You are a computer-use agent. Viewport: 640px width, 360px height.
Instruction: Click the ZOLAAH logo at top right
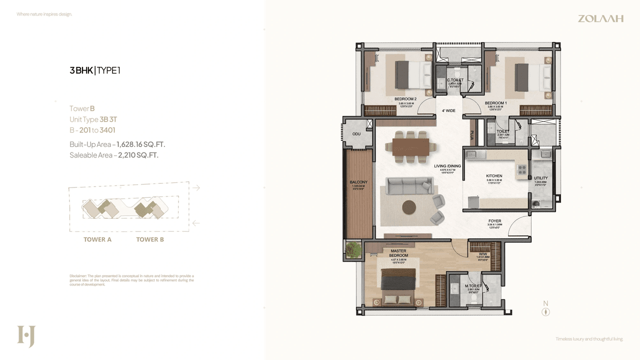click(x=600, y=18)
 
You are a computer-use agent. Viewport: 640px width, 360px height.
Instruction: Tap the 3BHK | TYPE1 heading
click(x=95, y=70)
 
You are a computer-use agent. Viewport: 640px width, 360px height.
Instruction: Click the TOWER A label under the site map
click(x=97, y=239)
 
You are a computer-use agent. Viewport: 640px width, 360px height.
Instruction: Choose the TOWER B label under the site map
click(x=150, y=239)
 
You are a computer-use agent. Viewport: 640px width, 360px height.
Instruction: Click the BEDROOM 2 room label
click(x=405, y=99)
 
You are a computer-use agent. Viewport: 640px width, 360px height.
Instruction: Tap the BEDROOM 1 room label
click(x=495, y=103)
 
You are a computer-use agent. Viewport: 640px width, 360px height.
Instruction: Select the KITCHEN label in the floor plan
click(x=494, y=176)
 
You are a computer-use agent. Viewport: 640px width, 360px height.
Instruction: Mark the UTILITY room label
click(x=540, y=178)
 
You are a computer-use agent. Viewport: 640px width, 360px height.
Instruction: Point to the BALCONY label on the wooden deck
click(x=358, y=182)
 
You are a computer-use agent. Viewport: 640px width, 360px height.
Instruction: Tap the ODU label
click(x=356, y=134)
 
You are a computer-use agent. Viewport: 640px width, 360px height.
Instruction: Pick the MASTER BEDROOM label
click(x=398, y=253)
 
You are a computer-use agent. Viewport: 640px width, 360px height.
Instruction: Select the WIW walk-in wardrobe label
click(x=482, y=253)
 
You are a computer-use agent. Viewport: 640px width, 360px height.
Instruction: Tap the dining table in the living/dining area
click(x=410, y=146)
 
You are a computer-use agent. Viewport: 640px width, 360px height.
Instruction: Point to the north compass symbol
click(x=545, y=311)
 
